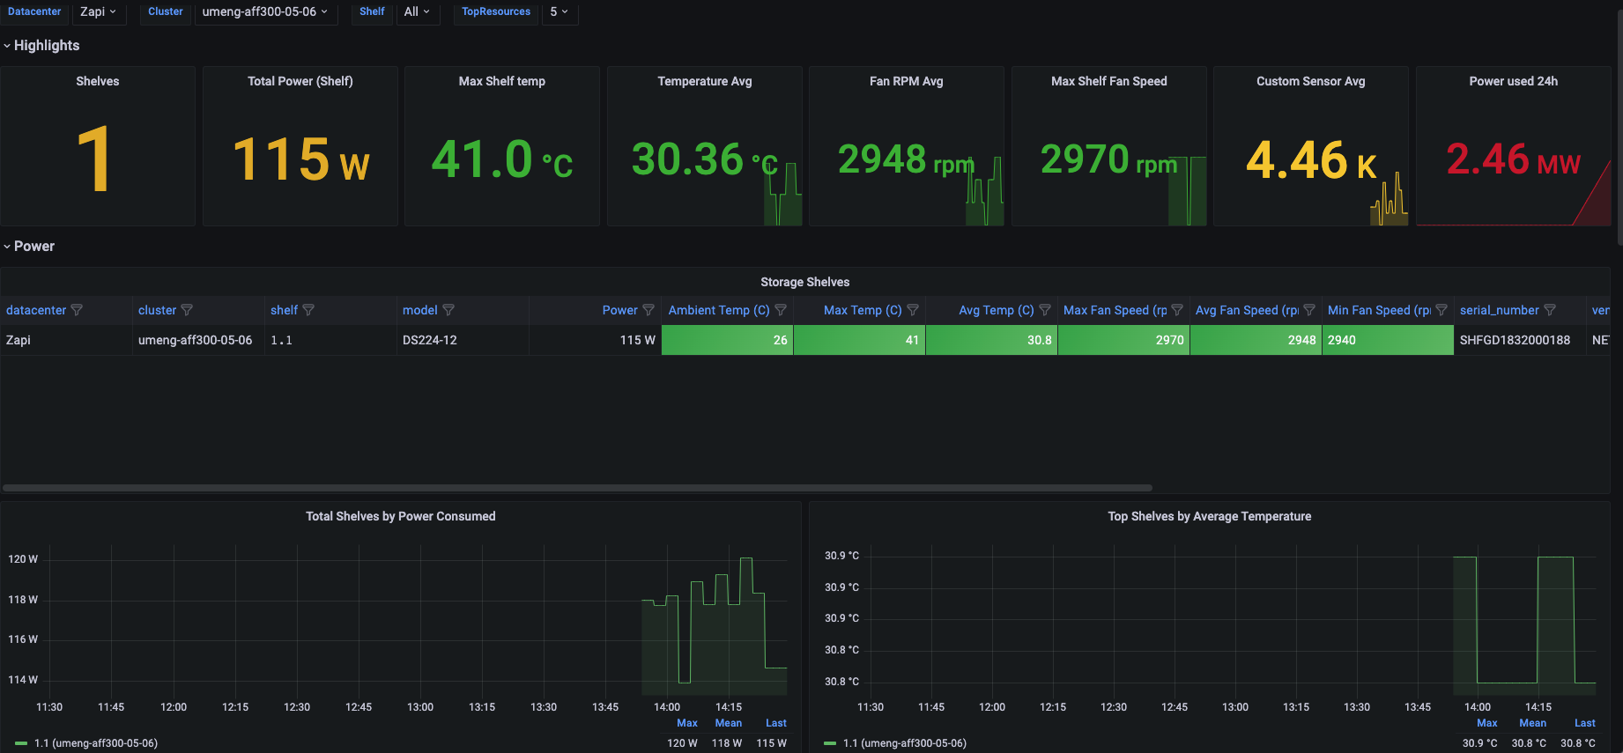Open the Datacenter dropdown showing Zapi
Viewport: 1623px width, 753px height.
pyautogui.click(x=97, y=11)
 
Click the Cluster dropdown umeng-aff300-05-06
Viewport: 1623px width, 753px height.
pyautogui.click(x=264, y=11)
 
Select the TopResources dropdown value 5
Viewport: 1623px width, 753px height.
pyautogui.click(x=559, y=11)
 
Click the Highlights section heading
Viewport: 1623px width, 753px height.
pyautogui.click(x=46, y=45)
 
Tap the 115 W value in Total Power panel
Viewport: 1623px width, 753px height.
pyautogui.click(x=300, y=160)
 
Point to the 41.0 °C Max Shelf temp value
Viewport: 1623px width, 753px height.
pyautogui.click(x=501, y=160)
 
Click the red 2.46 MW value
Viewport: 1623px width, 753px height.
pyautogui.click(x=1512, y=160)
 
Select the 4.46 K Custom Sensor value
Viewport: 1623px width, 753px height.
pyautogui.click(x=1310, y=160)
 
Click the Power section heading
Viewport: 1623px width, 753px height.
pyautogui.click(x=33, y=246)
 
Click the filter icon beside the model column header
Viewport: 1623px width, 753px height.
pyautogui.click(x=448, y=310)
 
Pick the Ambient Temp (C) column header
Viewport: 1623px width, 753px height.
pyautogui.click(x=718, y=310)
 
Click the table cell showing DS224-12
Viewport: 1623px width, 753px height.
pyautogui.click(x=430, y=340)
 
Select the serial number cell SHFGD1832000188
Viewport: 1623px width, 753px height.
pyautogui.click(x=1515, y=340)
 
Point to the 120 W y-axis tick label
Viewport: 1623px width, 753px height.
pyautogui.click(x=23, y=559)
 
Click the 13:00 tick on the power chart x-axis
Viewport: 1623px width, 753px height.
pyautogui.click(x=420, y=707)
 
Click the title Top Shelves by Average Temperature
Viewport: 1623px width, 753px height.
pyautogui.click(x=1209, y=516)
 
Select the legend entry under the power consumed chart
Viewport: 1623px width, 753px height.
pyautogui.click(x=95, y=743)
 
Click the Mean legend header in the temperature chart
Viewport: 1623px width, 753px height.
pyautogui.click(x=1532, y=723)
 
